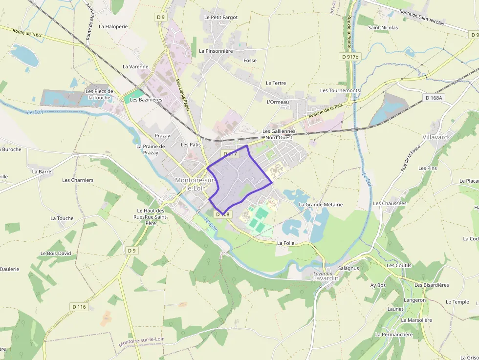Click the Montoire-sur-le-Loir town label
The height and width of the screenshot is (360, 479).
pyautogui.click(x=195, y=184)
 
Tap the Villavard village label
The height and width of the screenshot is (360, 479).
pyautogui.click(x=435, y=137)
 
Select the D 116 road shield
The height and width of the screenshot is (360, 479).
pyautogui.click(x=79, y=307)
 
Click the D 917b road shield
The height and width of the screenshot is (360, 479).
pyautogui.click(x=350, y=57)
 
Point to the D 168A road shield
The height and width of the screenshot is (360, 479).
pyautogui.click(x=434, y=98)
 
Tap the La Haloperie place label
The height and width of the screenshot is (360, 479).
pyautogui.click(x=113, y=26)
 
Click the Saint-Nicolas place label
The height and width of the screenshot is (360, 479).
pyautogui.click(x=383, y=27)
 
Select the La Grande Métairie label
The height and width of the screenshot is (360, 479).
pyautogui.click(x=321, y=204)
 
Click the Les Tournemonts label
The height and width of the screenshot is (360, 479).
pyautogui.click(x=340, y=90)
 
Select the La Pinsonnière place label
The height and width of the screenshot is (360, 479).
pyautogui.click(x=216, y=51)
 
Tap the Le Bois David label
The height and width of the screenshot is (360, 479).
pyautogui.click(x=56, y=254)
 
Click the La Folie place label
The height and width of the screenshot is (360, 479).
pyautogui.click(x=285, y=243)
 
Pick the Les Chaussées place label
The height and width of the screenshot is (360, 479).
pyautogui.click(x=390, y=203)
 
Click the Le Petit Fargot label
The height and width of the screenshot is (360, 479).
pyautogui.click(x=221, y=17)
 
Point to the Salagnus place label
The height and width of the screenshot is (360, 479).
pyautogui.click(x=348, y=268)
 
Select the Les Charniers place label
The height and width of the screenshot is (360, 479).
pyautogui.click(x=78, y=180)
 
